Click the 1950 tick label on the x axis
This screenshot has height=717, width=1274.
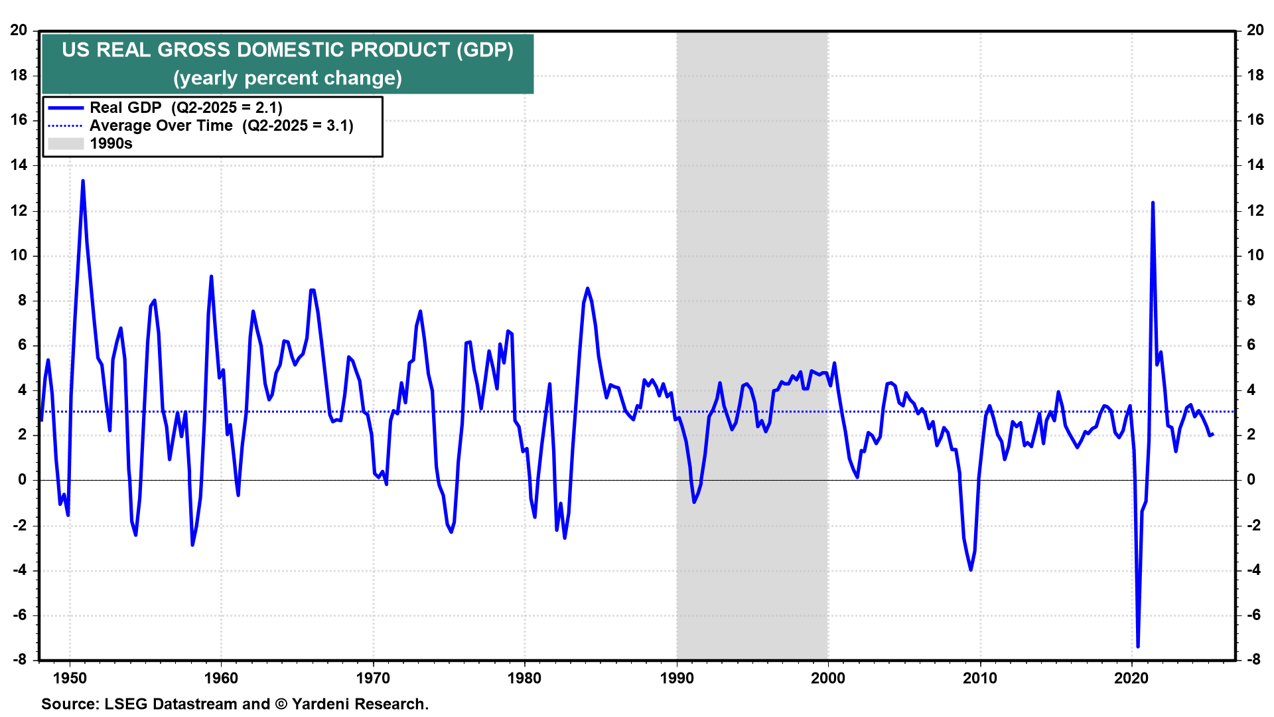click(x=70, y=678)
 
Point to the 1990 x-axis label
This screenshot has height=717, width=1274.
click(x=677, y=678)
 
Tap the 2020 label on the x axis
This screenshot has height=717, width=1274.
click(x=1131, y=678)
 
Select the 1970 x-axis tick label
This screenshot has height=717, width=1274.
click(x=373, y=678)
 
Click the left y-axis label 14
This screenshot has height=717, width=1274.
click(x=19, y=165)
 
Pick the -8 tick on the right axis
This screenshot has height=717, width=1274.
click(x=1253, y=659)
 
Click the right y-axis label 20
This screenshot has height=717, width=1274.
click(x=1255, y=30)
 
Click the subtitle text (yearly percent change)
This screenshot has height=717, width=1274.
click(x=287, y=78)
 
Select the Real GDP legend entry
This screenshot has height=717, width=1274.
click(x=125, y=108)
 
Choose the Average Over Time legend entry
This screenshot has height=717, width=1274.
click(x=161, y=125)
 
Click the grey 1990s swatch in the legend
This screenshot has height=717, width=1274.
click(x=66, y=143)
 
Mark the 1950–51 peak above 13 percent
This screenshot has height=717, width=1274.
click(x=83, y=181)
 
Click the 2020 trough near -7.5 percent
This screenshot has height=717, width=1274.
click(x=1138, y=646)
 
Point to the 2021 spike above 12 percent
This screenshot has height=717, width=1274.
click(x=1153, y=202)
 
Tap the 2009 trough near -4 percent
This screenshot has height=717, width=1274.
click(x=971, y=570)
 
